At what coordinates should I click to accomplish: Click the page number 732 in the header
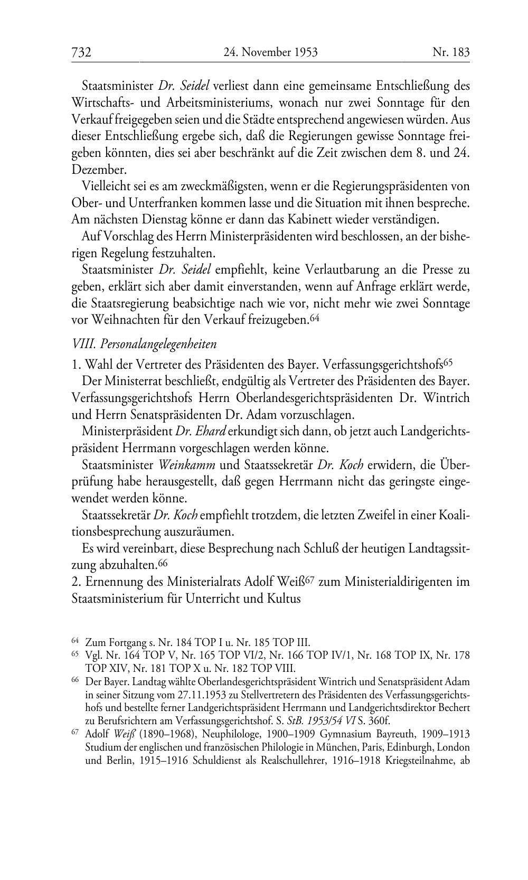(82, 52)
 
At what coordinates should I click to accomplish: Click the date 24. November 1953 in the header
(270, 52)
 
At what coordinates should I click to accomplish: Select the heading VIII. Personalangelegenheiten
(144, 344)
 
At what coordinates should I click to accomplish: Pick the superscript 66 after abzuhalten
(162, 563)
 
